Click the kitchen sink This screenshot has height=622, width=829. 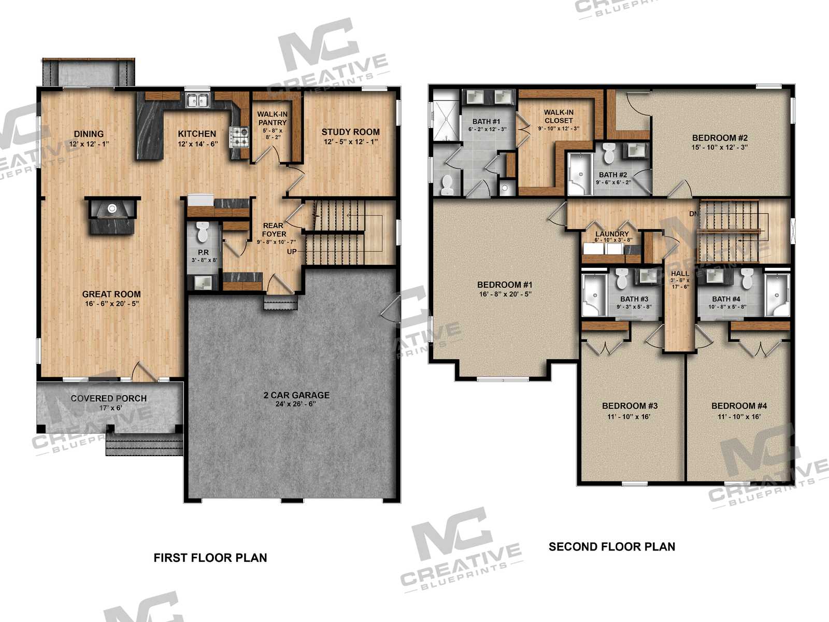click(197, 101)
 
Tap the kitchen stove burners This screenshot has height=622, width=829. click(239, 137)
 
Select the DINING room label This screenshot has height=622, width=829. click(89, 134)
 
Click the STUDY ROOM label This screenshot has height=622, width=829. click(350, 132)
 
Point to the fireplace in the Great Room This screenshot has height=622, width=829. click(112, 215)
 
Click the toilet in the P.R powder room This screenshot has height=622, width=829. click(203, 232)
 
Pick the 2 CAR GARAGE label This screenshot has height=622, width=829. click(296, 395)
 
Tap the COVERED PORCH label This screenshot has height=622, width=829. click(109, 398)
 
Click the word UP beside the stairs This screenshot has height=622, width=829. click(292, 251)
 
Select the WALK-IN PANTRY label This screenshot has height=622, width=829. click(273, 118)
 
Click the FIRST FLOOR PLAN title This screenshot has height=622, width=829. click(210, 558)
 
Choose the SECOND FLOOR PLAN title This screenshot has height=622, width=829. click(612, 546)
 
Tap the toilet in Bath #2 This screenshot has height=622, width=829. click(608, 152)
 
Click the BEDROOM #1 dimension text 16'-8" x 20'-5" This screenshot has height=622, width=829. click(505, 294)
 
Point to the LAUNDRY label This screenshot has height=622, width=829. click(612, 234)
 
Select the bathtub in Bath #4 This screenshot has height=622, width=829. click(777, 295)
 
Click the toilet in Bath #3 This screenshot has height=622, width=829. click(621, 278)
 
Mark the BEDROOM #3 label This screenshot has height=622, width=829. click(630, 406)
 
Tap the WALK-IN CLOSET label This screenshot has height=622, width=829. click(559, 116)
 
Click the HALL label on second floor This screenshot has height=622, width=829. click(680, 273)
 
